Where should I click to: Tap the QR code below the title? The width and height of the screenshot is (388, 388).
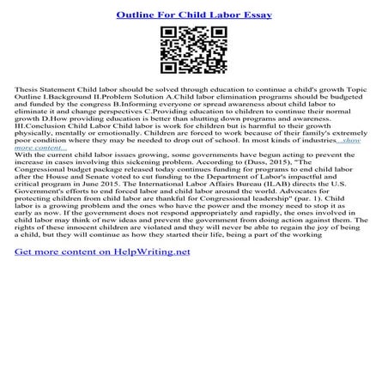(x=193, y=51)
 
